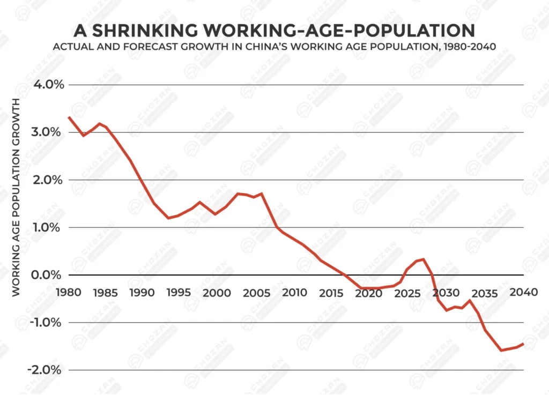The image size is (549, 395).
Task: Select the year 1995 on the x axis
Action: pos(178,293)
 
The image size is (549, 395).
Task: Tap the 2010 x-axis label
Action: pos(295,293)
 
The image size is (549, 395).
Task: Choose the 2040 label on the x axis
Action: pos(523,293)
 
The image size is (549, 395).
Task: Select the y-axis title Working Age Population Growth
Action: pos(16,197)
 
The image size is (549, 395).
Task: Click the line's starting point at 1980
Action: pos(69,117)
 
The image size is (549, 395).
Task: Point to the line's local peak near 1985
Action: pos(99,124)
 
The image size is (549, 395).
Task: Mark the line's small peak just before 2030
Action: pos(424,259)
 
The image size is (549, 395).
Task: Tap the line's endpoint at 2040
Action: pos(523,344)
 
